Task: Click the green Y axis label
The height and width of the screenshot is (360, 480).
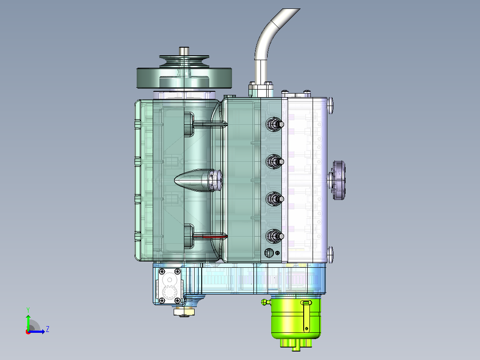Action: (28, 310)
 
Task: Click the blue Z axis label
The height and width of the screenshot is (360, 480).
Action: (48, 329)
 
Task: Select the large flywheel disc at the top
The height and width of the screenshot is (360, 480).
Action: (184, 78)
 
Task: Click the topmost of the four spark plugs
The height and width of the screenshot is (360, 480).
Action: (275, 124)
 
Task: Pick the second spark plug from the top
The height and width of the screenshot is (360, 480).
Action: (275, 161)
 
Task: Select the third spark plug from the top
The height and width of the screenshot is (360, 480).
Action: (275, 199)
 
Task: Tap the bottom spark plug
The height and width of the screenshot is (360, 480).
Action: (275, 236)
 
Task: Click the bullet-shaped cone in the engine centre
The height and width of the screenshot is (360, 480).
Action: (197, 180)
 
